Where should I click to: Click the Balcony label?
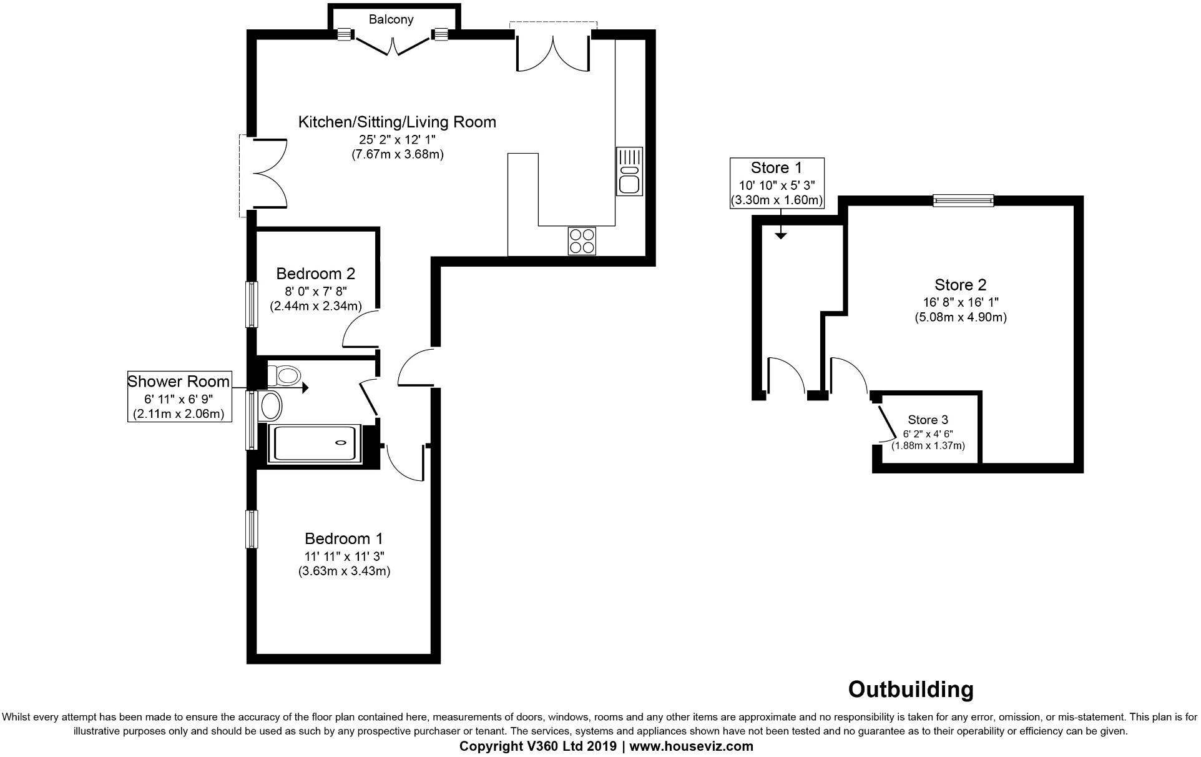391,19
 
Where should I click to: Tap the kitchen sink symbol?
629,171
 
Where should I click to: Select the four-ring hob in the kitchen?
582,241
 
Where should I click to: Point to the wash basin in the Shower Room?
272,406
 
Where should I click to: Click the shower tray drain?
341,443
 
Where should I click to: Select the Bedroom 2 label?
315,274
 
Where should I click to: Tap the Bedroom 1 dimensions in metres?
344,571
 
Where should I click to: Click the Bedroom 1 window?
252,529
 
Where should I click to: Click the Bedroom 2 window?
252,304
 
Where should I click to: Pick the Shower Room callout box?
179,397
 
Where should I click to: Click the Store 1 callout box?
777,184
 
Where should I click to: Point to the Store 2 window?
963,200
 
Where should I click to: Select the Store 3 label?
928,420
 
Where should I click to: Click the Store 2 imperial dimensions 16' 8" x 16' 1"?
961,302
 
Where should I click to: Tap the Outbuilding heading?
910,690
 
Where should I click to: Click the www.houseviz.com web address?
691,746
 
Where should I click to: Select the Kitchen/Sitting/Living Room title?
397,122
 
